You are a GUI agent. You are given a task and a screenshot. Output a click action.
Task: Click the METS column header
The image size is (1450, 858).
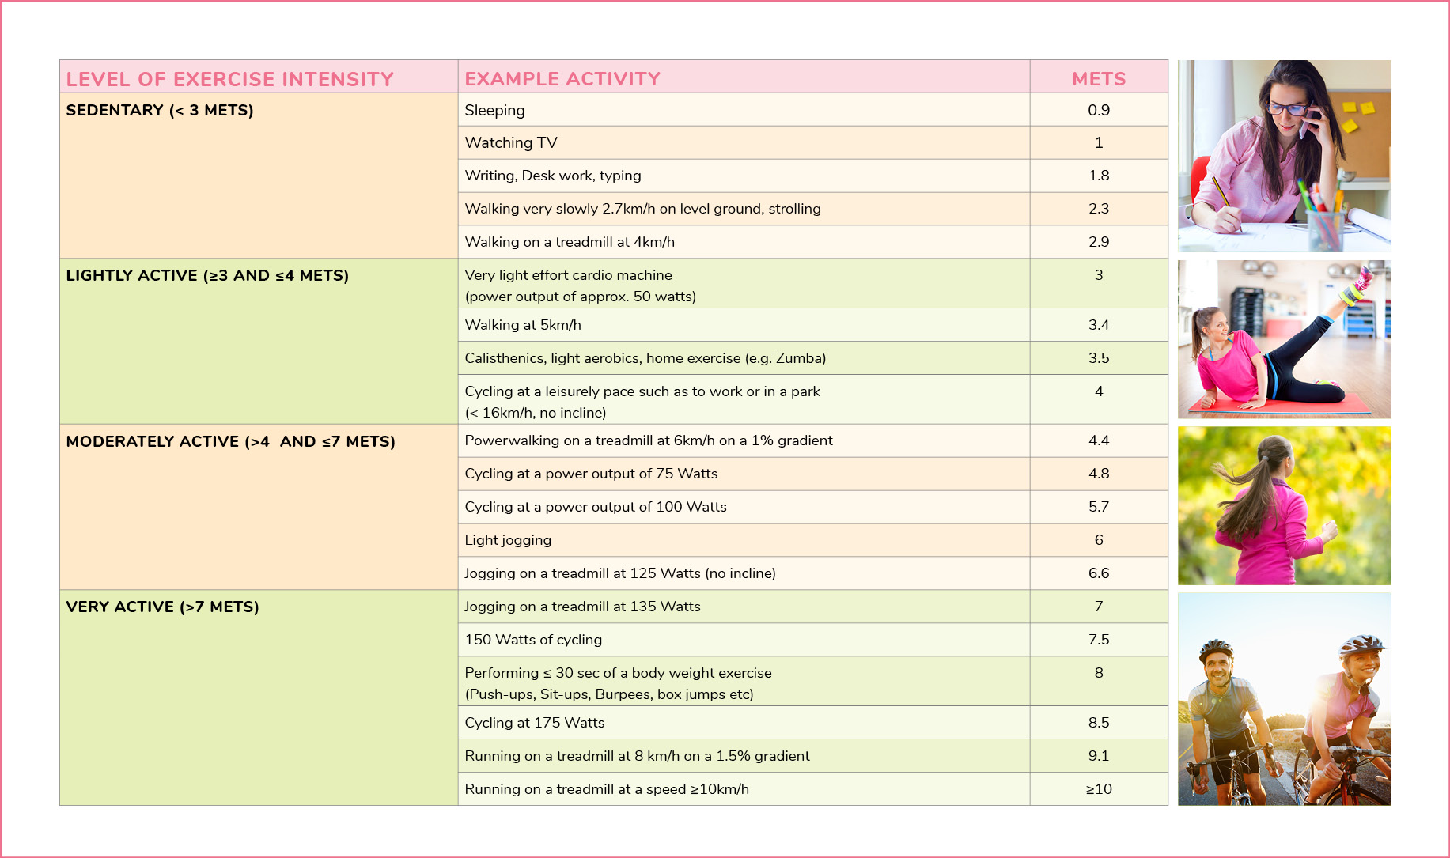1099,79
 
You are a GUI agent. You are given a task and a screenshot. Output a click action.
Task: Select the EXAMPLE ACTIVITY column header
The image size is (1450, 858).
562,79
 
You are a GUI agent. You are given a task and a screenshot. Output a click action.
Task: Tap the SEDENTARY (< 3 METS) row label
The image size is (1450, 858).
160,110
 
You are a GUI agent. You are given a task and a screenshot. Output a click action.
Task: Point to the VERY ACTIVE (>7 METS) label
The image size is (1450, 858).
163,607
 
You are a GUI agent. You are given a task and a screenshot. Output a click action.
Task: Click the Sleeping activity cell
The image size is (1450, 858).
494,111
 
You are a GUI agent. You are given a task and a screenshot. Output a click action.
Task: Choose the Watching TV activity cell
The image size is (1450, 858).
511,142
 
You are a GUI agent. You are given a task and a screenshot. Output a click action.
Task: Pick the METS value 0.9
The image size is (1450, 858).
1099,110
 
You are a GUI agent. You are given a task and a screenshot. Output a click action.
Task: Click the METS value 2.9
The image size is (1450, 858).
1099,242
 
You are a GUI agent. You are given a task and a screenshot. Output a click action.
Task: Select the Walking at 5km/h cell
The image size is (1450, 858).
523,325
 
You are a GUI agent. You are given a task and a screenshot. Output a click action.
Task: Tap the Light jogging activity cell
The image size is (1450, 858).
508,540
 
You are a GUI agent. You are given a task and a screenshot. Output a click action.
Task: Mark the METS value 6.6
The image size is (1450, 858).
1099,573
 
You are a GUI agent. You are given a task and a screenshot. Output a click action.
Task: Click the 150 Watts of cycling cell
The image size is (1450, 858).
533,640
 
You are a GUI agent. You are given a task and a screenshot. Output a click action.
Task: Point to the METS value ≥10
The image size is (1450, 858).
1099,789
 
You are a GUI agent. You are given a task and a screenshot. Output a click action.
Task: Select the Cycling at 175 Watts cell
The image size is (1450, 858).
535,723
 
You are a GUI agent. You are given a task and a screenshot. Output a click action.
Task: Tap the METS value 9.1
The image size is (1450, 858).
1099,756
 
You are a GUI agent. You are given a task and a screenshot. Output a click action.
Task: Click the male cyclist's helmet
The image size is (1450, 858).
1216,649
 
